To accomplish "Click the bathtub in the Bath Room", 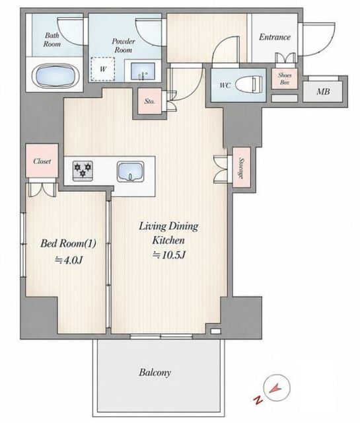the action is coord(56,75).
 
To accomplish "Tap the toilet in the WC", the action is coord(249,85).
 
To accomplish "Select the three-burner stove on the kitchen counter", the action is coord(83,171).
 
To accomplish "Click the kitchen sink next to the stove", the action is coord(130,172).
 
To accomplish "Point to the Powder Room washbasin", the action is coord(143,71).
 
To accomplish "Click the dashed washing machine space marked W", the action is coord(103,69).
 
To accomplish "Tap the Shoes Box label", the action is coord(285,79).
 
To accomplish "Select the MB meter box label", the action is coord(323,92).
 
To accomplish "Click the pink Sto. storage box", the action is coord(150,101).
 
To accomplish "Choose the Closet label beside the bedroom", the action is coord(42,161).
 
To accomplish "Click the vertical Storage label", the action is coord(241,169).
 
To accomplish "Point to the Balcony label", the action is coord(155,373).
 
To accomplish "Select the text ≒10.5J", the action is coord(169,254).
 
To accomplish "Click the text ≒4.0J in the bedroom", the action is coord(69,260).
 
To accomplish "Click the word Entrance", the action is coord(275,37).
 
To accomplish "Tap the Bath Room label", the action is coord(52,40).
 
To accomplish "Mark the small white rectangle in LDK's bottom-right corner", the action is coord(216,331).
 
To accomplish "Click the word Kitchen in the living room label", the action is coord(168,240).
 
